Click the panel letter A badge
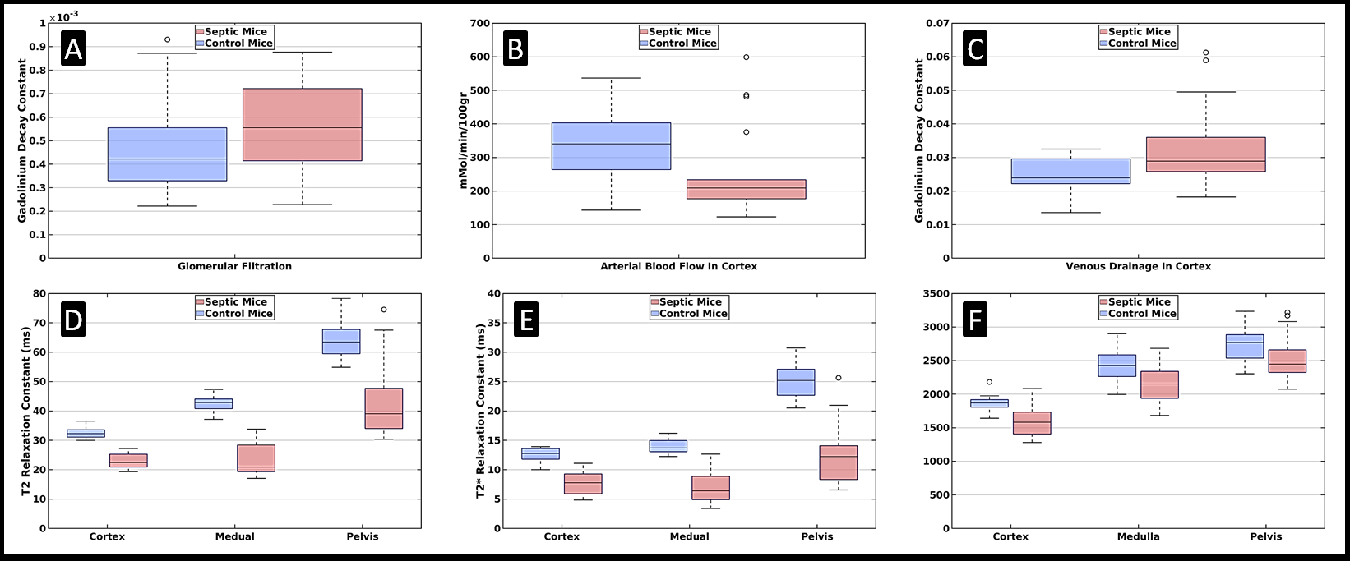(x=73, y=48)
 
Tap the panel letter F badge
(x=974, y=319)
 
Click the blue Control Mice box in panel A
(x=168, y=154)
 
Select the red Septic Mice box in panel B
(x=746, y=189)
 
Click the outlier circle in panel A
(x=168, y=39)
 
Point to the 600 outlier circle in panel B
(x=746, y=57)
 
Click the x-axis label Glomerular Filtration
(x=234, y=266)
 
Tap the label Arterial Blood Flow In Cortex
(x=678, y=266)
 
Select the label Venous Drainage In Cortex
(x=1138, y=266)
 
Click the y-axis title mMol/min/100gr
(x=463, y=140)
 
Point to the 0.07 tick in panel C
(x=938, y=24)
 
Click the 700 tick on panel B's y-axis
(x=479, y=24)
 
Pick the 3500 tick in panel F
(x=936, y=294)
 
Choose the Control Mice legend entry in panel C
(x=1138, y=44)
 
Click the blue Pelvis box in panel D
(x=341, y=342)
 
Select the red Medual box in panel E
(x=710, y=488)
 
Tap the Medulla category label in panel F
(x=1138, y=536)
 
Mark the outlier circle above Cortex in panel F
(x=989, y=382)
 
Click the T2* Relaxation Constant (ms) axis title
(x=481, y=412)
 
